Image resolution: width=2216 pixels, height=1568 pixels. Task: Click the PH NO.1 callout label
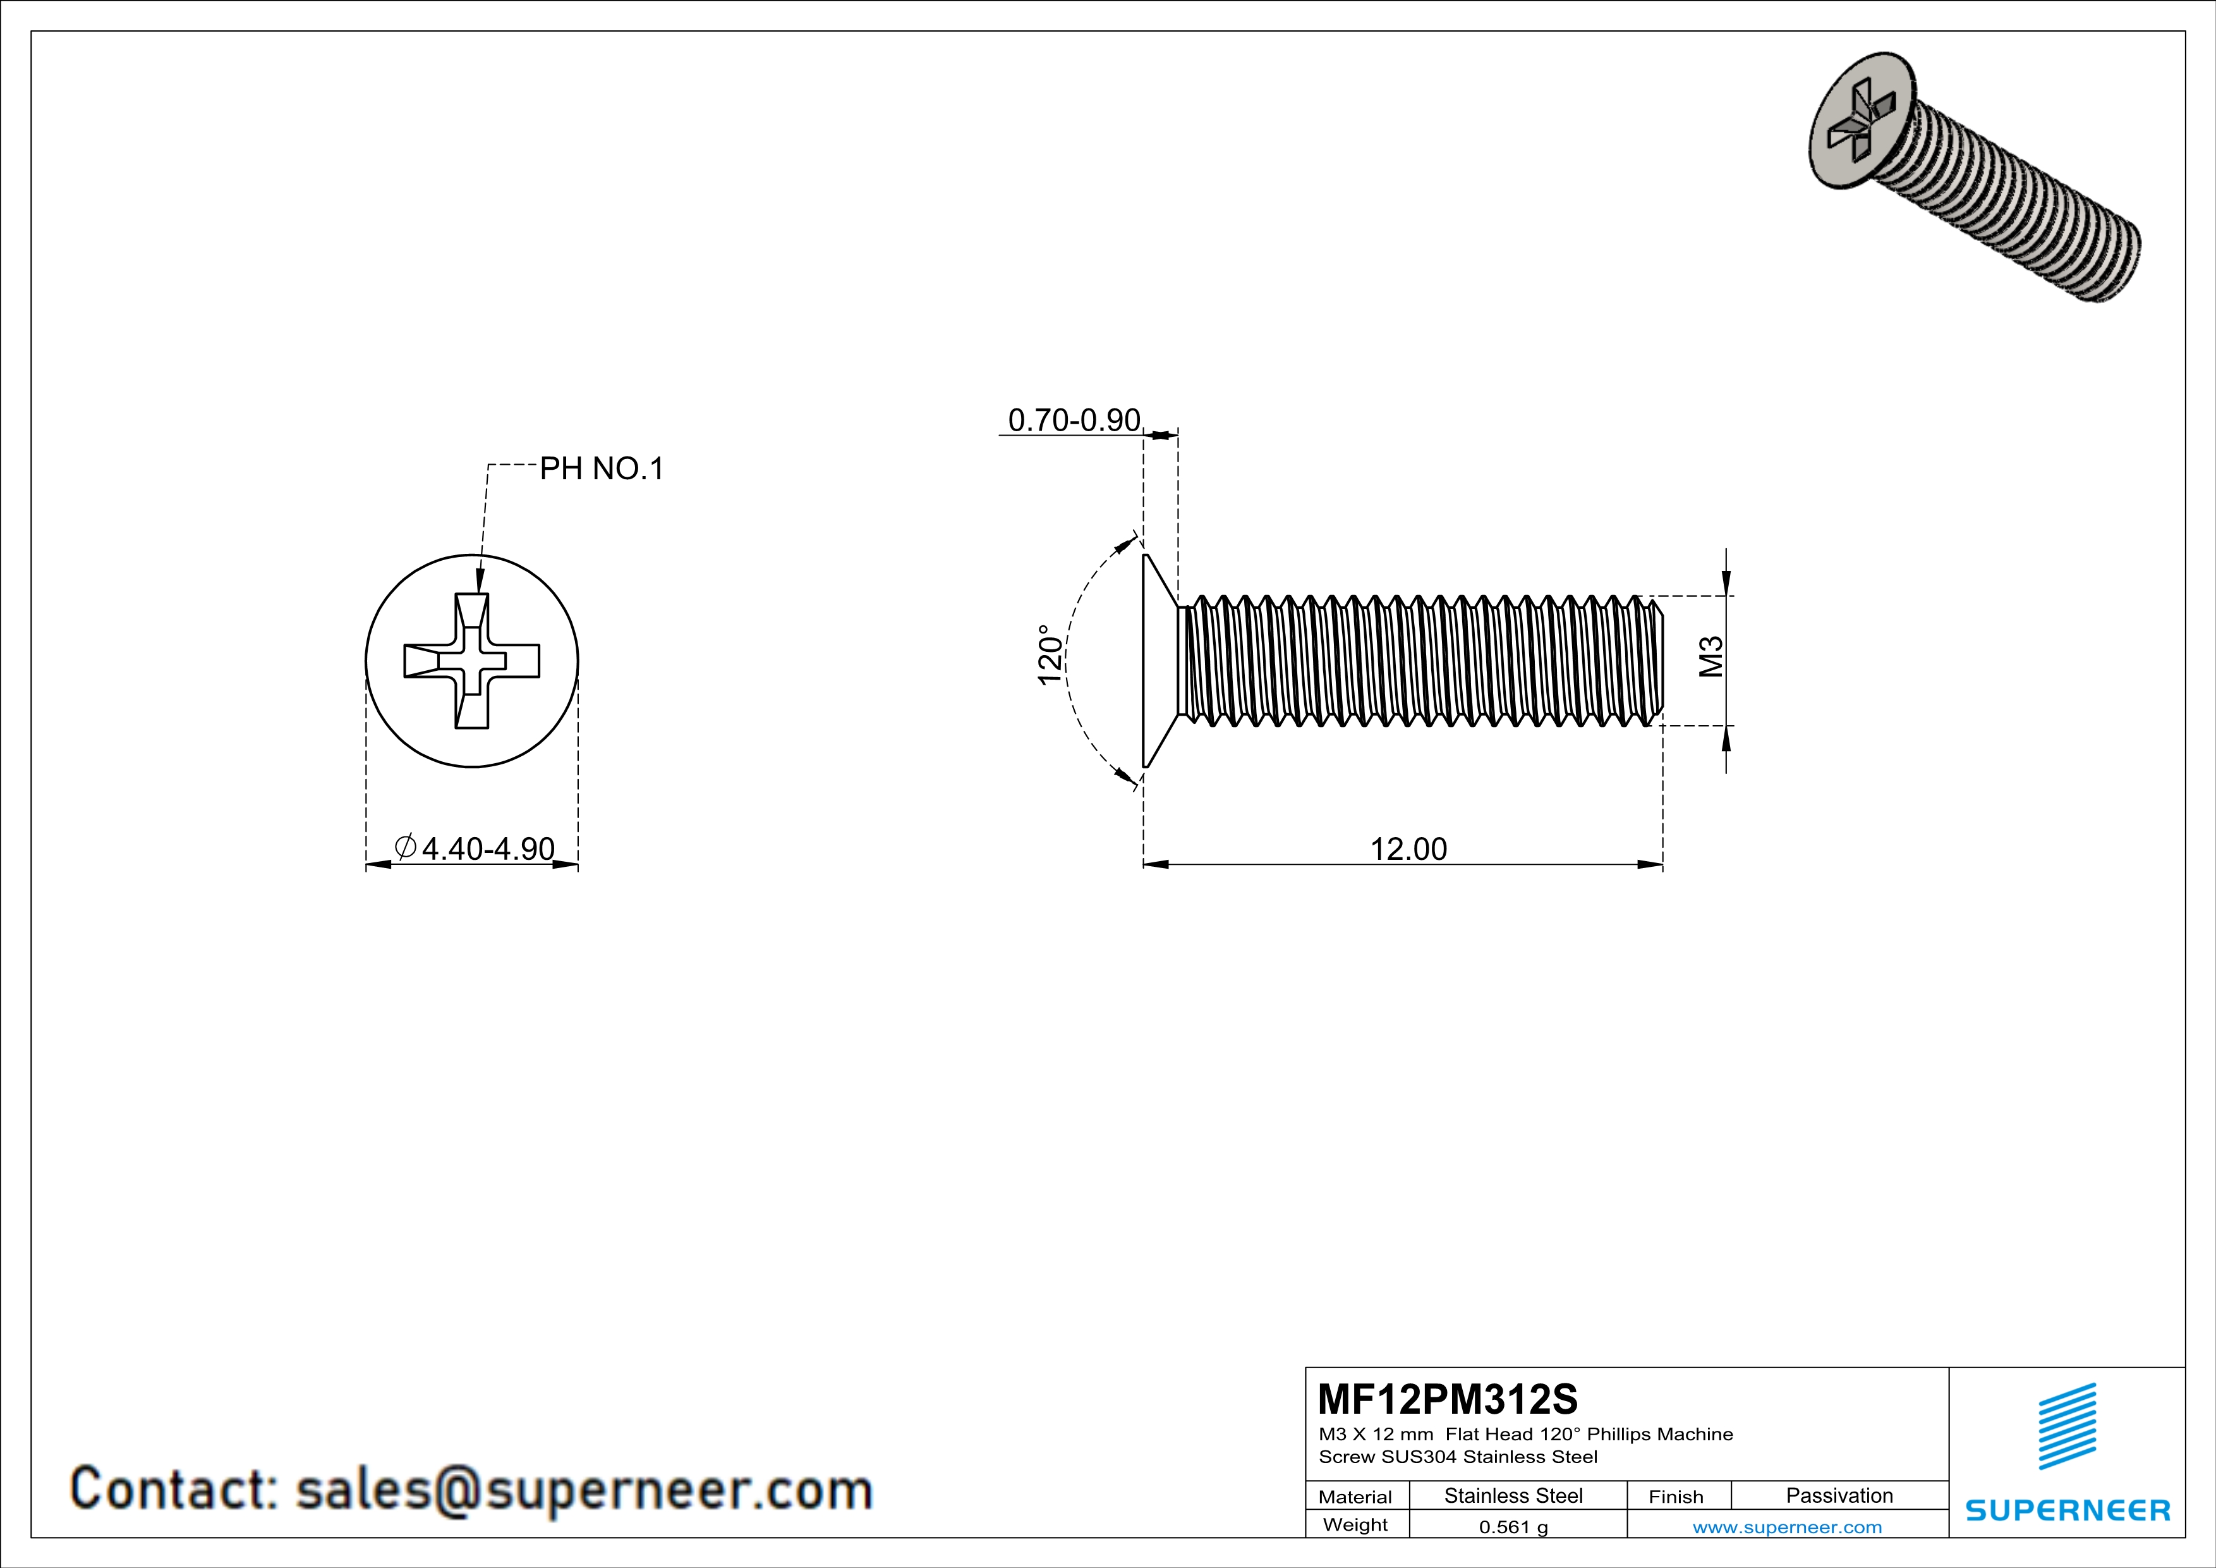coord(602,469)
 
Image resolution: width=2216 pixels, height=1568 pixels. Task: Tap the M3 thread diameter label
coord(1710,656)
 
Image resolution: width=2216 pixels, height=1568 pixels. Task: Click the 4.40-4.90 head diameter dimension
coord(475,848)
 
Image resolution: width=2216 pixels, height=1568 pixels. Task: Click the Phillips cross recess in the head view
coord(471,661)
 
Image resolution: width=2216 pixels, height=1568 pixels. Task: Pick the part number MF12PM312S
coord(1448,1399)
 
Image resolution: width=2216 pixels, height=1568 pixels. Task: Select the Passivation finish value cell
coord(1839,1495)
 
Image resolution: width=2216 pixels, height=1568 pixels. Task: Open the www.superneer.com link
coord(1786,1526)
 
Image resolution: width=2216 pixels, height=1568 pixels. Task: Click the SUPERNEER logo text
coord(2068,1510)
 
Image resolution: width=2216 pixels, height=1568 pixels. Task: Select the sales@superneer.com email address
coord(583,1489)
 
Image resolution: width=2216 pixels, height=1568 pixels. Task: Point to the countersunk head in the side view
coord(1158,661)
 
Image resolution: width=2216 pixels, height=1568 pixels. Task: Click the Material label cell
coord(1355,1497)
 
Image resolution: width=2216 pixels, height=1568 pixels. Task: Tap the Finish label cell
coord(1676,1497)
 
